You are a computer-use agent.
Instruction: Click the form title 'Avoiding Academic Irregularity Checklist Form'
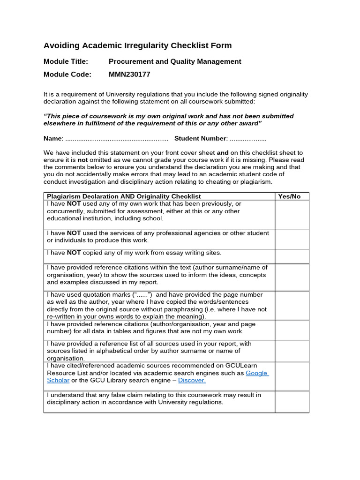point(137,45)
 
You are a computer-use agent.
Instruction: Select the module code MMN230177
point(129,74)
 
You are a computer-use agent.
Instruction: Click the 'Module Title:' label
point(66,61)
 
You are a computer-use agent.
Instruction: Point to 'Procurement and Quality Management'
point(175,61)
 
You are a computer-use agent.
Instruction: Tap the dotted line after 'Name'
point(116,138)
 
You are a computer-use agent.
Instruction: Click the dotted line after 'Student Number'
point(247,138)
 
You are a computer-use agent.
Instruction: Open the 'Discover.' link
point(192,380)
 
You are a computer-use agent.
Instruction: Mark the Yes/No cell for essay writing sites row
point(292,256)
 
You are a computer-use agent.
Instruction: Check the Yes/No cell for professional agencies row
point(292,239)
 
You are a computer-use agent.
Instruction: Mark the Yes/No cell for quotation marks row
point(292,305)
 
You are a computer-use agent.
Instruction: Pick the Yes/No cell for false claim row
point(292,402)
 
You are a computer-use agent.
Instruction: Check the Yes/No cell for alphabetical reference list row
point(292,351)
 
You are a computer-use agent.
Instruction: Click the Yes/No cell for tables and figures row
point(292,330)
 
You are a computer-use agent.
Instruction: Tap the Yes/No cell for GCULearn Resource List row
point(292,376)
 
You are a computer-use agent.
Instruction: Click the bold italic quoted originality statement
point(169,120)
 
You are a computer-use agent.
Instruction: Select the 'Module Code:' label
point(67,74)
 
